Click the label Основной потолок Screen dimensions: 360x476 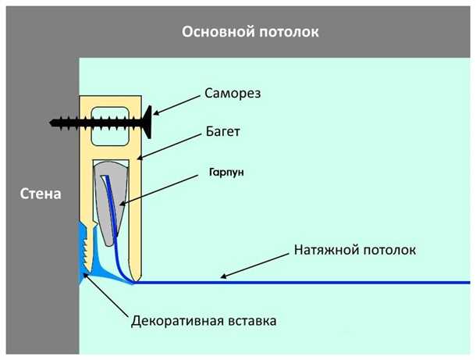250,32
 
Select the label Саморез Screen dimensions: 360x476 233,93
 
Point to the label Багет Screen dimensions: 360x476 222,132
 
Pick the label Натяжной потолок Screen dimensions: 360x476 355,251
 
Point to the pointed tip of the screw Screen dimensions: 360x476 52,123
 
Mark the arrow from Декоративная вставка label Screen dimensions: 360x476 105,295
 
